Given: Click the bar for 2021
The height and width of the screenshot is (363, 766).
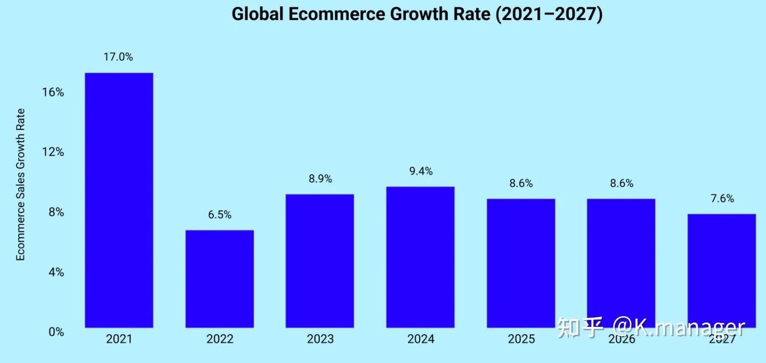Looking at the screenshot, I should pyautogui.click(x=119, y=200).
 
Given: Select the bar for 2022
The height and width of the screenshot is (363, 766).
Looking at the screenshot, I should pyautogui.click(x=219, y=278).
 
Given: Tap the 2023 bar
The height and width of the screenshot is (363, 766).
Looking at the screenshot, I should pyautogui.click(x=320, y=261).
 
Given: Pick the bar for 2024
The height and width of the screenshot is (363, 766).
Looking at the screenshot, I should pyautogui.click(x=420, y=257).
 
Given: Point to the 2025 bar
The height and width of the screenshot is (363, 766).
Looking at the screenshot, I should pyautogui.click(x=521, y=263).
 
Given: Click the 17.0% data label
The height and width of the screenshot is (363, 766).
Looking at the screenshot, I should pyautogui.click(x=118, y=57).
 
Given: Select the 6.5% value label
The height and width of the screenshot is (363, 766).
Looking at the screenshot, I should pyautogui.click(x=220, y=215).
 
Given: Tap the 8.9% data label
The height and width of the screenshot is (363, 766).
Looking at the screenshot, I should pyautogui.click(x=320, y=179).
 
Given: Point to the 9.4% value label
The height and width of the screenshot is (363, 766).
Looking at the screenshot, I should pyautogui.click(x=421, y=171).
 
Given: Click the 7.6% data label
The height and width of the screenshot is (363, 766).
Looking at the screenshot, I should pyautogui.click(x=722, y=199).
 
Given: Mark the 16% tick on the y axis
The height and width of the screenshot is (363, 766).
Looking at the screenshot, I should pyautogui.click(x=53, y=93).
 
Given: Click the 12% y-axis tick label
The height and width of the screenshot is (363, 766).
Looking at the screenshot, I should pyautogui.click(x=53, y=152).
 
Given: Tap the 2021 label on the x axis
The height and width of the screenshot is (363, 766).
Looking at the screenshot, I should pyautogui.click(x=119, y=339).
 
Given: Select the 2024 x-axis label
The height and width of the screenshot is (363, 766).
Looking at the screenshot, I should pyautogui.click(x=420, y=339).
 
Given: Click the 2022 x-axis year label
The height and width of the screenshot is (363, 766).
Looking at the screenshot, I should pyautogui.click(x=219, y=339).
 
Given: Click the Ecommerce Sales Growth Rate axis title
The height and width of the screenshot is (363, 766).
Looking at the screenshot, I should pyautogui.click(x=21, y=185).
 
